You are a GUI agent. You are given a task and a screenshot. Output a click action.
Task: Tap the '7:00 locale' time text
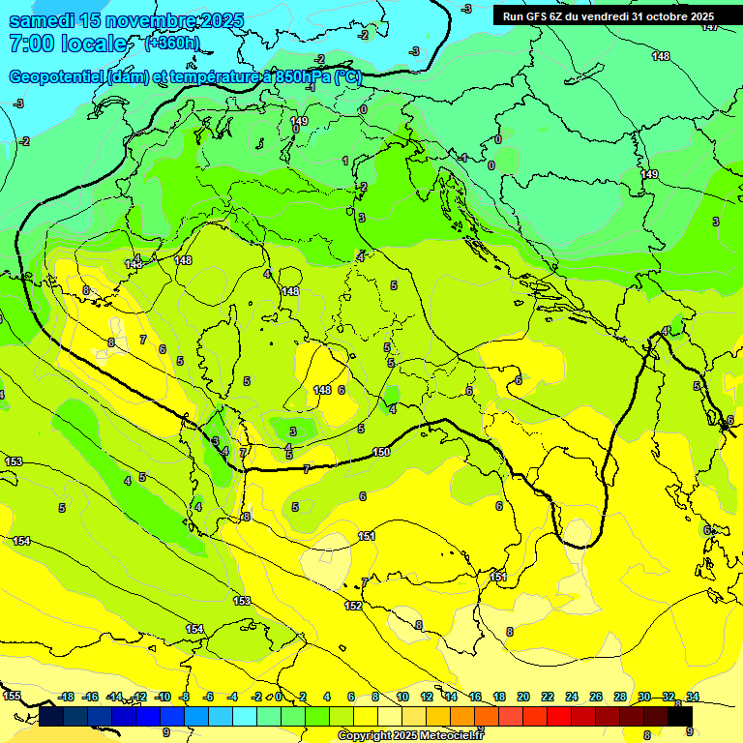[x=69, y=44]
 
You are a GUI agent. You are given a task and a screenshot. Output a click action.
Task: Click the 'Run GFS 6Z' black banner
[x=608, y=15]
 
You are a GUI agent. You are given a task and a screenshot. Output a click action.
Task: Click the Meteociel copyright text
[x=410, y=735]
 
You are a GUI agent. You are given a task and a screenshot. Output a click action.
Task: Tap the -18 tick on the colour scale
[x=67, y=697]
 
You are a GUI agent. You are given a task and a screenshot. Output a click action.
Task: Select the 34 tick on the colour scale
[x=693, y=697]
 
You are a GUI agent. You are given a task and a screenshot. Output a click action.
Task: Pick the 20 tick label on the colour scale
[x=523, y=697]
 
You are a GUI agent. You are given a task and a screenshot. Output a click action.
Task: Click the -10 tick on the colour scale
[x=163, y=697]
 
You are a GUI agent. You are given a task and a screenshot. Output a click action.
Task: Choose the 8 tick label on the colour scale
[x=375, y=697]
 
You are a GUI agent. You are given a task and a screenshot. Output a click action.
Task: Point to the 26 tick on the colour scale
[x=596, y=697]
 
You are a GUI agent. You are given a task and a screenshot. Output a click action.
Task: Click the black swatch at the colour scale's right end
[x=680, y=716]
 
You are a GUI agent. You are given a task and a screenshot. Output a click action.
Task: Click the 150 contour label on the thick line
[x=381, y=453]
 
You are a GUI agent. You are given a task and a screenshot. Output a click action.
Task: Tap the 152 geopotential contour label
[x=353, y=606]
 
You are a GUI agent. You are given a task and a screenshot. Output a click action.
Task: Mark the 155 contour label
[x=12, y=696]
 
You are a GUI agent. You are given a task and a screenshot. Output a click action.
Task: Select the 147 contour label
[x=710, y=26]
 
